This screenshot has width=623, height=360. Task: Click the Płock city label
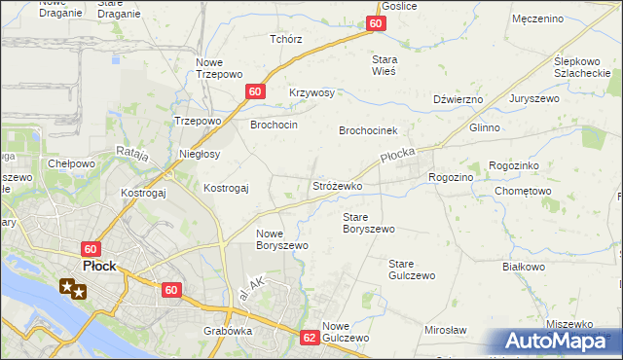pos(100,266)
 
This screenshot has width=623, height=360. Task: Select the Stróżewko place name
pos(337,185)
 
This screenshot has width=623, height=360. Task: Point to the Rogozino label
pos(451,177)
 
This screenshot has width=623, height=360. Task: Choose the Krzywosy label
pos(311,93)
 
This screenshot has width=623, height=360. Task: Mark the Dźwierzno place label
pos(458,99)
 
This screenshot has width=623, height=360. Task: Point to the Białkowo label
pos(522,266)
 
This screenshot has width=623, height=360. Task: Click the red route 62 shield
pos(310,338)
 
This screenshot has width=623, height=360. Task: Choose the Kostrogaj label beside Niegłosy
pos(226,187)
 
